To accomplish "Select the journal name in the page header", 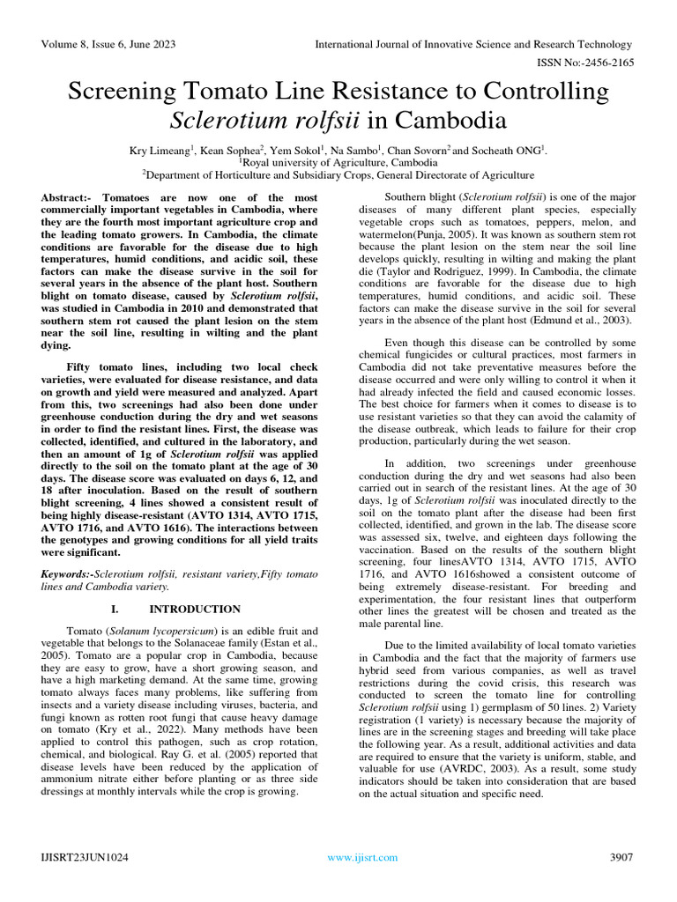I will click(x=474, y=45).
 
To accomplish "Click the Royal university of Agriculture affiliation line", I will click(x=338, y=163).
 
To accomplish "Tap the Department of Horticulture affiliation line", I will click(x=338, y=175).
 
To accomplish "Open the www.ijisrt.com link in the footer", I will click(x=362, y=857).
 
